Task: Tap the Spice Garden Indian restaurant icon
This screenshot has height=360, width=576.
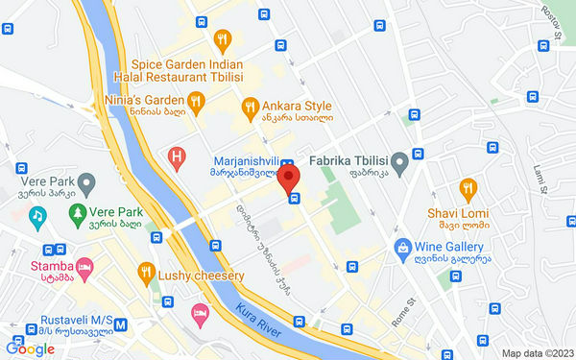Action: pos(223,39)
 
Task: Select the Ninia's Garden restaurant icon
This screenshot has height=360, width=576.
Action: pos(196,99)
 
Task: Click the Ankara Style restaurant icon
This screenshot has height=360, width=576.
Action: pos(250,106)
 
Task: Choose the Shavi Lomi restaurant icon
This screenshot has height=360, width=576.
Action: pos(468,187)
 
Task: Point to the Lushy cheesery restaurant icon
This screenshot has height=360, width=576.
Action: pos(146,273)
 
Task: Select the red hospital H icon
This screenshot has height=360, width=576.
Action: pos(177,156)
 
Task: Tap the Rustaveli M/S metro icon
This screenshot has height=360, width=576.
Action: pos(120,324)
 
